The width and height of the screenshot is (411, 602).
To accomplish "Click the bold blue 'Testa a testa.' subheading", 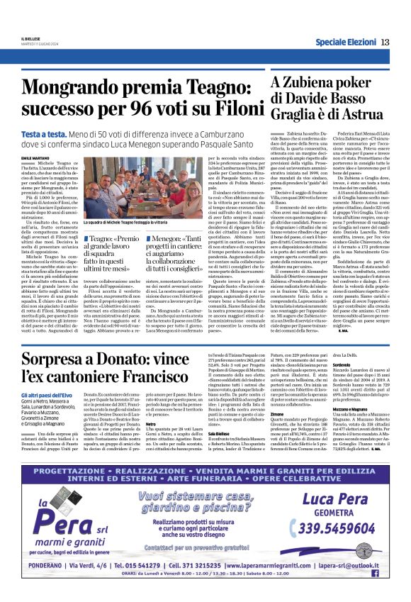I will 47,133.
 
